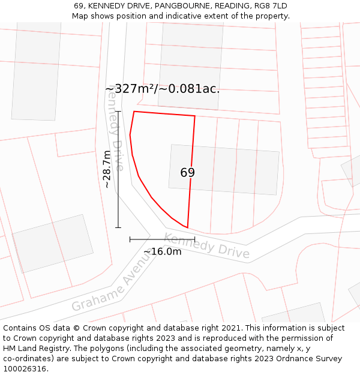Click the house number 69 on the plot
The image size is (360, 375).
tap(187, 173)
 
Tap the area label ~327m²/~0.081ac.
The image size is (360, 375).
tap(162, 89)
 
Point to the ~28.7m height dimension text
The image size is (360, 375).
tap(107, 169)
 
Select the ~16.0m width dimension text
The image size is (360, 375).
tap(162, 251)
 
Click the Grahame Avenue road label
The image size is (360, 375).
tap(111, 281)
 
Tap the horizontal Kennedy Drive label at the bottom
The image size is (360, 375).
tap(206, 245)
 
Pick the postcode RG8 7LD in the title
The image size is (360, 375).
tap(268, 6)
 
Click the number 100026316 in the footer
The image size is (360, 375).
tap(23, 369)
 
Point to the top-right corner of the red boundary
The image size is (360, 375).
tap(195, 116)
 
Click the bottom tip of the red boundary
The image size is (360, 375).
tap(187, 228)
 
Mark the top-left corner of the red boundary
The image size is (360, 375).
tap(134, 112)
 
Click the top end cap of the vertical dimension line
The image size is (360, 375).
tap(118, 112)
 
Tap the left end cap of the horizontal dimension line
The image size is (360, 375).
tap(130, 239)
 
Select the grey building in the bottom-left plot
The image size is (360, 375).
tap(53, 244)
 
